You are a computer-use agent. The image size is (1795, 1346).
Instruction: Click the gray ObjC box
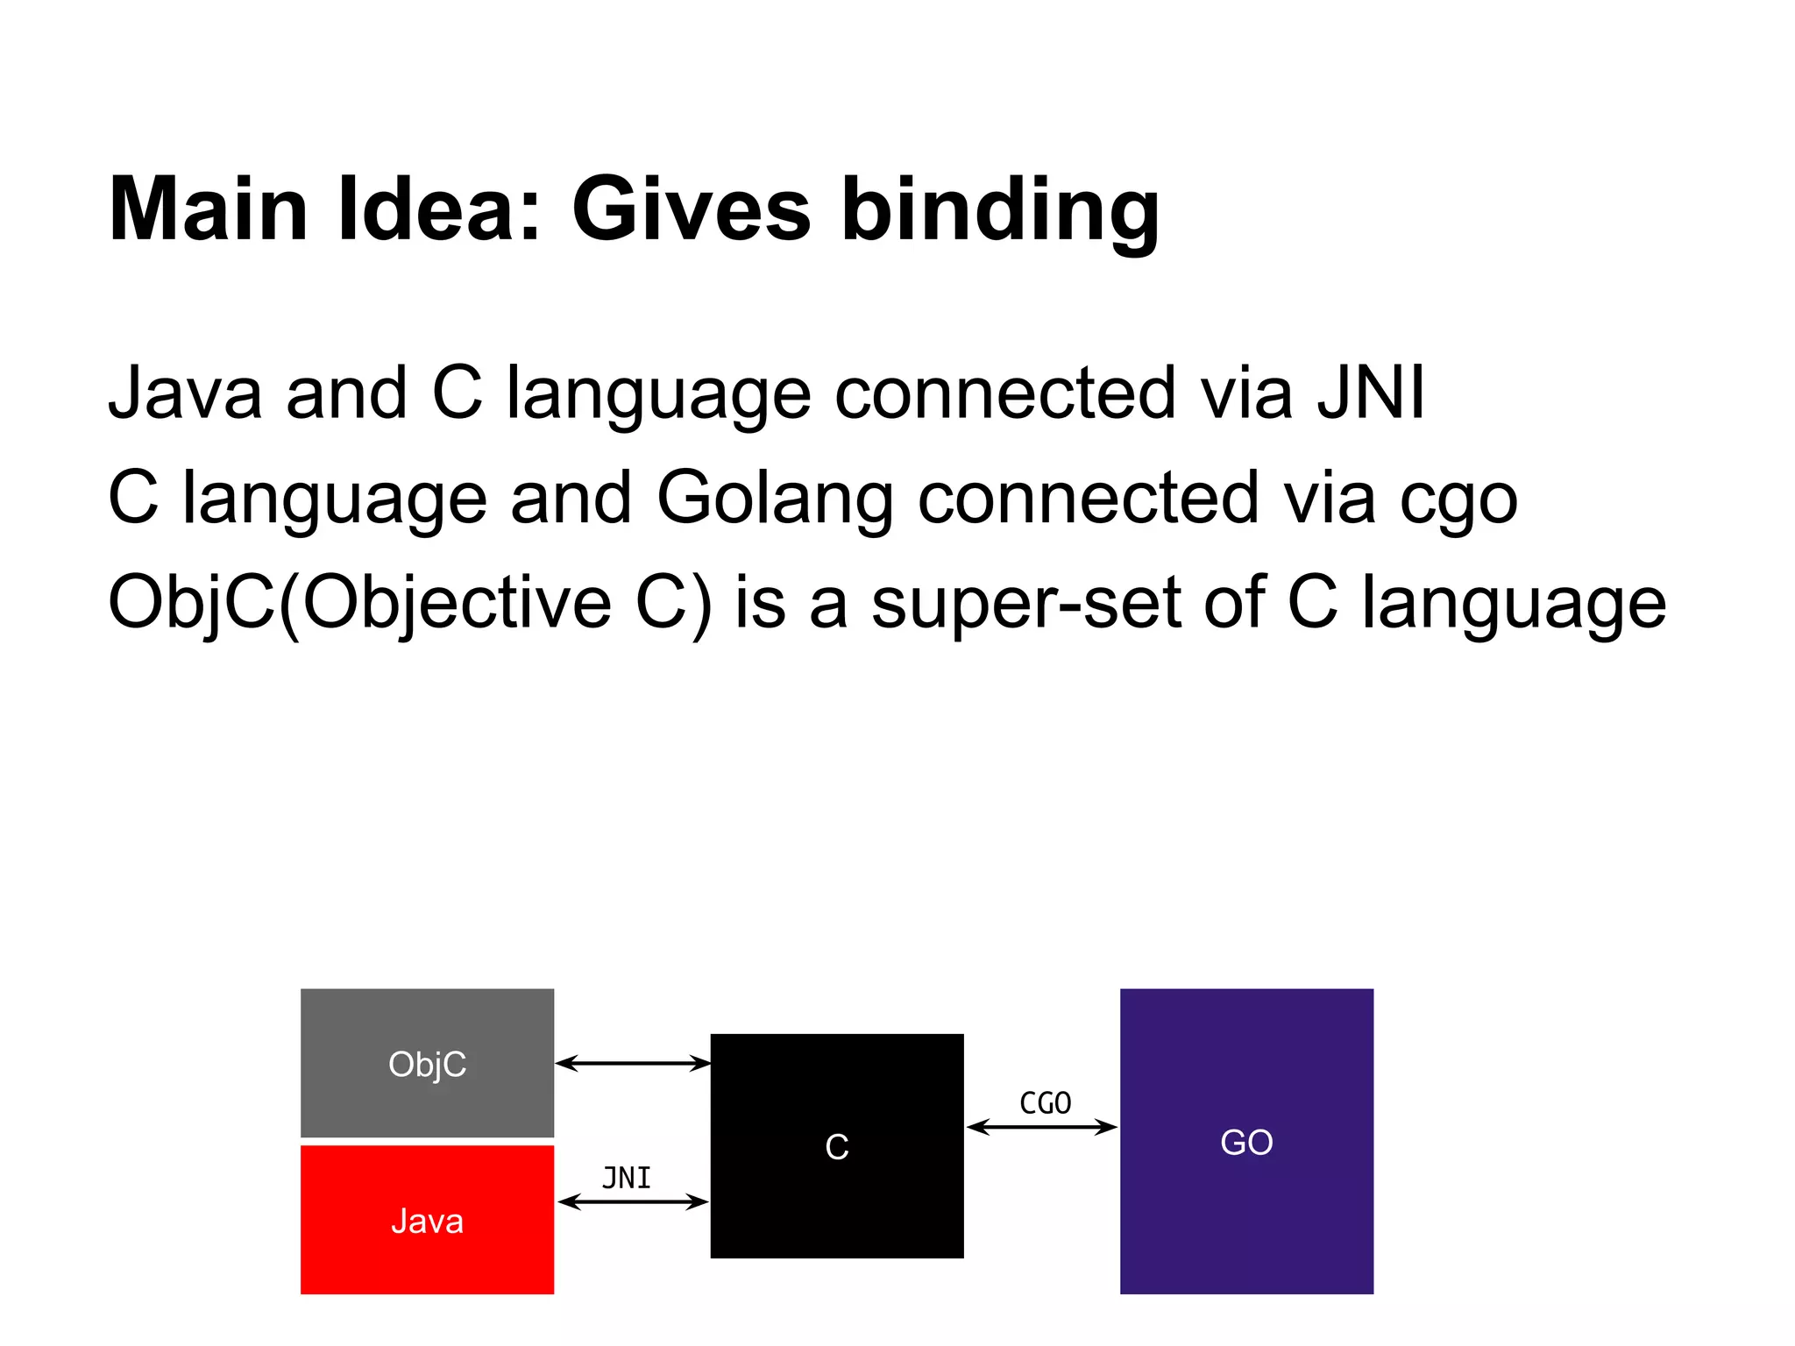(427, 1062)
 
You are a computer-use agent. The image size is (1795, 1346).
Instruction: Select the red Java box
(427, 1219)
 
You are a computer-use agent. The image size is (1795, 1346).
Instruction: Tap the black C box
(836, 1145)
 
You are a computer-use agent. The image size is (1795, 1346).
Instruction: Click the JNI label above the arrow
(627, 1178)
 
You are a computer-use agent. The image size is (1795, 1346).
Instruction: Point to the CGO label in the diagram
(1045, 1103)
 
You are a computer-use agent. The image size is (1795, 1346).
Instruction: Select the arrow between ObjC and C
(632, 1063)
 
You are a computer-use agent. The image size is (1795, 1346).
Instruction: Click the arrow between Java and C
(632, 1201)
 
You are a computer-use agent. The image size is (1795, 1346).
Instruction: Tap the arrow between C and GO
(1041, 1127)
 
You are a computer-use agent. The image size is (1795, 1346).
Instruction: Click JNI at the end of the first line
(1372, 393)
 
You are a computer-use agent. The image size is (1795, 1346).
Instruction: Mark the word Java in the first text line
(185, 393)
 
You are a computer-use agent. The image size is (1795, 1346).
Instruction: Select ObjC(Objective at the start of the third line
(359, 603)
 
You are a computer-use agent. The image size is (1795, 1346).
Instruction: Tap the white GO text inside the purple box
(1246, 1142)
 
